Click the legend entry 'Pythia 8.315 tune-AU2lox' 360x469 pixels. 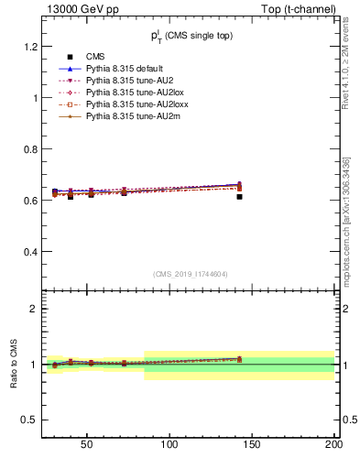(129, 93)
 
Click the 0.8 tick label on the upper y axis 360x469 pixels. (29, 148)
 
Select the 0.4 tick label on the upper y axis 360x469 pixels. (29, 251)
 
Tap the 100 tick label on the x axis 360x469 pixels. (169, 445)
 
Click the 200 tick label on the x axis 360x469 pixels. (333, 445)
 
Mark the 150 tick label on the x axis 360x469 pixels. (251, 445)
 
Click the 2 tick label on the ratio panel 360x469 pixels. (33, 309)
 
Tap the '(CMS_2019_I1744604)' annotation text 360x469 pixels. (191, 274)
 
